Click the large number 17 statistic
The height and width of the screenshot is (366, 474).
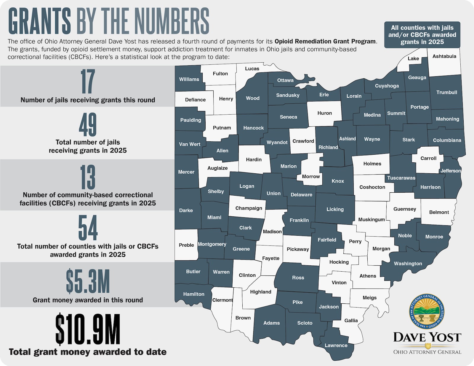(88, 81)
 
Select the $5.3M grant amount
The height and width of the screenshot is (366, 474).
(88, 281)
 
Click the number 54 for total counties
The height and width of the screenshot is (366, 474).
(88, 228)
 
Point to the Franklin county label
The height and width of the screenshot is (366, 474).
(299, 220)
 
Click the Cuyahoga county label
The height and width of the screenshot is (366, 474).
(387, 86)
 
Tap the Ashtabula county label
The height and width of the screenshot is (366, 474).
(444, 56)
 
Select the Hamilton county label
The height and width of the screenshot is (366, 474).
(193, 294)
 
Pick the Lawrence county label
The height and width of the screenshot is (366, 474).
(336, 346)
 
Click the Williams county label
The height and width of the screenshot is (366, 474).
(189, 80)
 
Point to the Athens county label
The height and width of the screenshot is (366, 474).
(368, 276)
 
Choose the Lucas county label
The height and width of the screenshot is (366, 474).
(252, 69)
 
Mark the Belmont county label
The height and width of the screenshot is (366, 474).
(439, 212)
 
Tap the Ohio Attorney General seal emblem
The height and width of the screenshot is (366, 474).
(427, 312)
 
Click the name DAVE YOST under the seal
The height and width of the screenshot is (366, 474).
(427, 337)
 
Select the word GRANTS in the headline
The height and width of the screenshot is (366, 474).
(39, 21)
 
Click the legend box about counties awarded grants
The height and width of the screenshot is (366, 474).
(422, 35)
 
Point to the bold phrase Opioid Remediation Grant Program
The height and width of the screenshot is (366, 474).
(325, 42)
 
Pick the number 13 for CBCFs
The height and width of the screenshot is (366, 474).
(88, 177)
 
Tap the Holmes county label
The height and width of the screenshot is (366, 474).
(372, 164)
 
